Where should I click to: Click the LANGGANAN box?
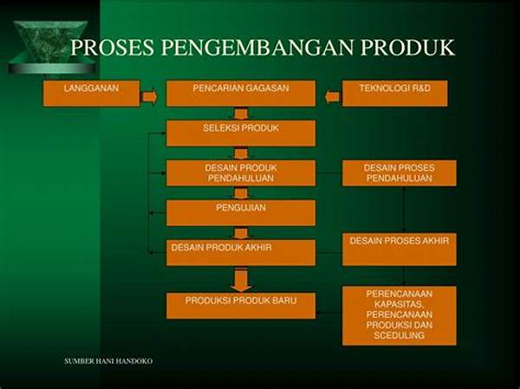[92, 94]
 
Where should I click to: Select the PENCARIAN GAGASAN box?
[241, 94]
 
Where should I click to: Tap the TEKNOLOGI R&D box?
[394, 94]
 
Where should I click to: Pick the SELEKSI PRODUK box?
[241, 133]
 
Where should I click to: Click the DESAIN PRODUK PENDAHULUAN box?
[241, 172]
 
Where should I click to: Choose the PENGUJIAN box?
[241, 212]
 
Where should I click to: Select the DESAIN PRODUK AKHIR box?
[241, 252]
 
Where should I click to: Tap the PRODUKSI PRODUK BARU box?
[241, 306]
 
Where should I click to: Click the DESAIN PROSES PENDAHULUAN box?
[400, 172]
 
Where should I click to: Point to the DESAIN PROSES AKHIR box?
[400, 250]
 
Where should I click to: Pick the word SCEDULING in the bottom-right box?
[400, 335]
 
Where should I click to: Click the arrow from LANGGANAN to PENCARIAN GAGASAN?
[150, 97]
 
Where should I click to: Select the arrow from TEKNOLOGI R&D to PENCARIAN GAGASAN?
[332, 97]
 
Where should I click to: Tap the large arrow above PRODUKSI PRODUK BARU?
[241, 281]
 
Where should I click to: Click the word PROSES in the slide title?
[113, 47]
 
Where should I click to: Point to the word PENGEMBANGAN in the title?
[257, 47]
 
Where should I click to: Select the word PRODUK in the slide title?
[407, 47]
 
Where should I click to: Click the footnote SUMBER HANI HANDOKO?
[108, 361]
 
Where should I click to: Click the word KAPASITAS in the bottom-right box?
[399, 304]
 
